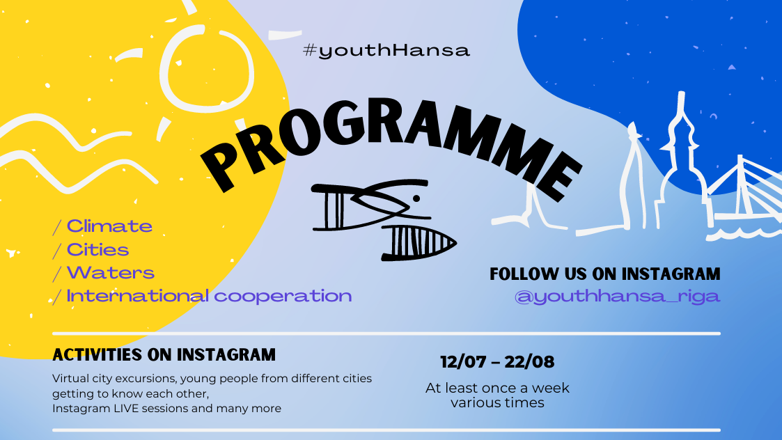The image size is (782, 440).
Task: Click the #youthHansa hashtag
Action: click(386, 50)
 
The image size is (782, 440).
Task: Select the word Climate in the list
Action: click(109, 226)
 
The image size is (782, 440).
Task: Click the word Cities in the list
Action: click(97, 249)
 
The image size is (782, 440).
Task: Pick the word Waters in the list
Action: click(110, 272)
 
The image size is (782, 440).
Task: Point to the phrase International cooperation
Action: click(209, 296)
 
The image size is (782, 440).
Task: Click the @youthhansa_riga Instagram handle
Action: click(617, 296)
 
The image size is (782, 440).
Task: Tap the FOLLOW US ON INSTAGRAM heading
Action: click(604, 274)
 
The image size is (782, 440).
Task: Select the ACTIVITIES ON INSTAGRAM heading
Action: click(164, 354)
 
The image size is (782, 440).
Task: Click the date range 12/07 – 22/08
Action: click(497, 362)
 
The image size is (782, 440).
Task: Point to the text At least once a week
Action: click(497, 388)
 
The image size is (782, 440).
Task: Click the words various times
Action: click(497, 402)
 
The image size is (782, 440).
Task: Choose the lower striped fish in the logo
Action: click(418, 242)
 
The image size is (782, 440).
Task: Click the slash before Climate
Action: click(56, 227)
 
